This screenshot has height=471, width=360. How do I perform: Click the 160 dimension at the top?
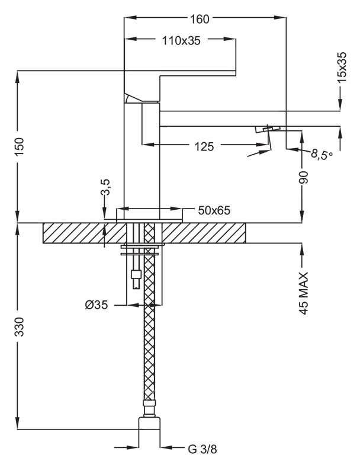[x=200, y=18]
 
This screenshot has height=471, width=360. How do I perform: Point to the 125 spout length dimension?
[x=204, y=146]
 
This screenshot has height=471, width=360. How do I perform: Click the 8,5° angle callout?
[x=322, y=156]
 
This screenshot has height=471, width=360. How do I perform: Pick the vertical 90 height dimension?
[x=304, y=178]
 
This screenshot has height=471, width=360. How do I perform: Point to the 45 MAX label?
[x=304, y=293]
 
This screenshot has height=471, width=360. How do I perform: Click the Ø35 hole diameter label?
[x=97, y=306]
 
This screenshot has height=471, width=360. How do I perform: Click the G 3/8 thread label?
[x=202, y=449]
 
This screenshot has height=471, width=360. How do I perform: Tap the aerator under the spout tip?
[x=268, y=128]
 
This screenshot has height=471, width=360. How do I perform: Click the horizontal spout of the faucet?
[x=249, y=118]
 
